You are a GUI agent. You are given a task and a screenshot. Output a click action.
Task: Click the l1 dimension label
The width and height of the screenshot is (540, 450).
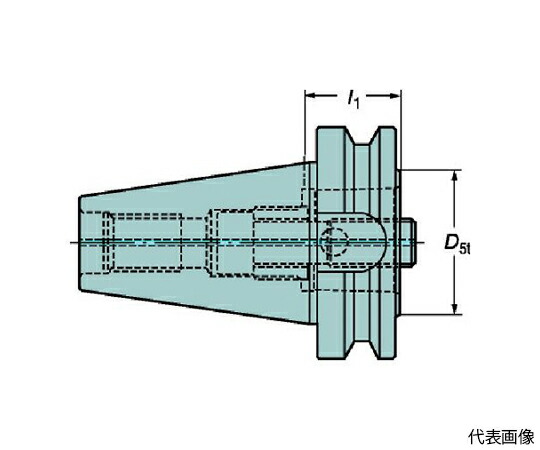(x=353, y=98)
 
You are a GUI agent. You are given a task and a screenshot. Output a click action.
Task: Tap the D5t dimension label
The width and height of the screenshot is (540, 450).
(x=457, y=243)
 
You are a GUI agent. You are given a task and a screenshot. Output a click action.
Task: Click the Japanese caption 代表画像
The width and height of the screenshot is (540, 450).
(x=501, y=437)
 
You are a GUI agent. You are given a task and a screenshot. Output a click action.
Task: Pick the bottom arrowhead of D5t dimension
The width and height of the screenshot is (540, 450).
(x=455, y=306)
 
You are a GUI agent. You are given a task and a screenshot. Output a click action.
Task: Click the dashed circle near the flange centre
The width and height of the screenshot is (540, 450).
(x=333, y=242)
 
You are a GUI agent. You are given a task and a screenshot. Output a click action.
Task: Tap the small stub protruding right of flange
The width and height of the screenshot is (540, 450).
(x=408, y=242)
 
